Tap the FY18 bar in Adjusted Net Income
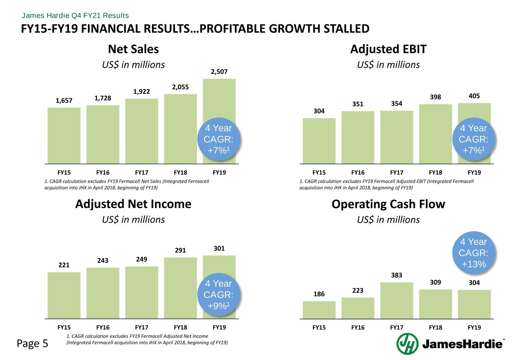(x=180, y=288)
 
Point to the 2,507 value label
(x=219, y=72)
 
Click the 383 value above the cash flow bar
(x=397, y=275)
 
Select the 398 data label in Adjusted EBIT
(x=435, y=97)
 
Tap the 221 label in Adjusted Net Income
(x=64, y=265)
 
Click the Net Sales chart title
(x=133, y=49)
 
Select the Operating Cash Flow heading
(x=388, y=204)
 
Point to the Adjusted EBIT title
(x=388, y=49)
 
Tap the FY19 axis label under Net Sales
(x=219, y=173)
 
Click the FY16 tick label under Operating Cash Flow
(x=358, y=327)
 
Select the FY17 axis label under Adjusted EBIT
(x=397, y=173)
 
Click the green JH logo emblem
(x=407, y=344)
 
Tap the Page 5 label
(x=33, y=344)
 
